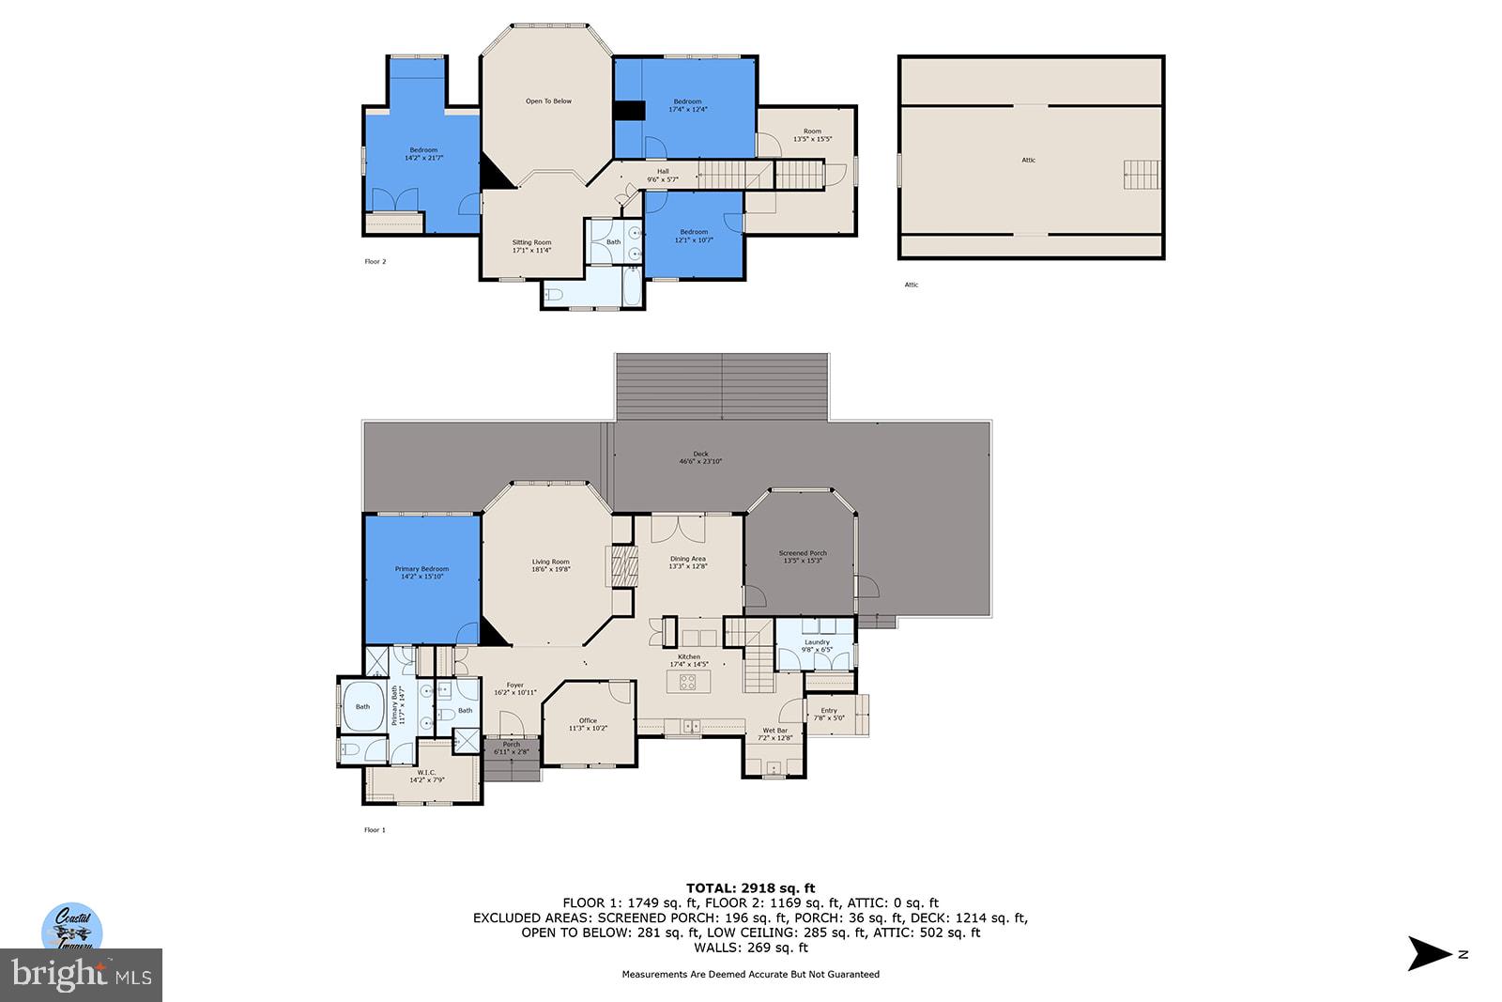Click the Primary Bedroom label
421,572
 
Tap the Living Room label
551,565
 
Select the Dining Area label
688,563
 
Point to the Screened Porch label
803,557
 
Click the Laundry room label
817,646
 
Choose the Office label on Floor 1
588,724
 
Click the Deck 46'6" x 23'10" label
701,457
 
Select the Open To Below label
548,101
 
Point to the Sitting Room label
531,246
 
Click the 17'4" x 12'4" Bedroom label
687,105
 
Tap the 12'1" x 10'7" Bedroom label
694,236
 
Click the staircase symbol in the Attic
1142,175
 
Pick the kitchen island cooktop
688,682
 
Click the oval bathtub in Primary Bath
361,706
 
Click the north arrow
1431,953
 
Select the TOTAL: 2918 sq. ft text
750,887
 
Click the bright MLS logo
82,975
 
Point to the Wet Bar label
775,733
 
